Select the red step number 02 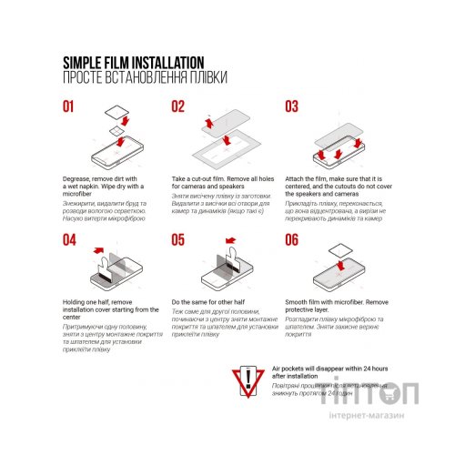click(x=178, y=106)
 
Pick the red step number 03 click(x=292, y=106)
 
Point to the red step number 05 click(x=178, y=240)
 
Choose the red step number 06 click(x=292, y=240)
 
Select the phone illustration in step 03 click(x=337, y=146)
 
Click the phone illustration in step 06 click(x=337, y=278)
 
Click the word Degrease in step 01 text click(x=79, y=177)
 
